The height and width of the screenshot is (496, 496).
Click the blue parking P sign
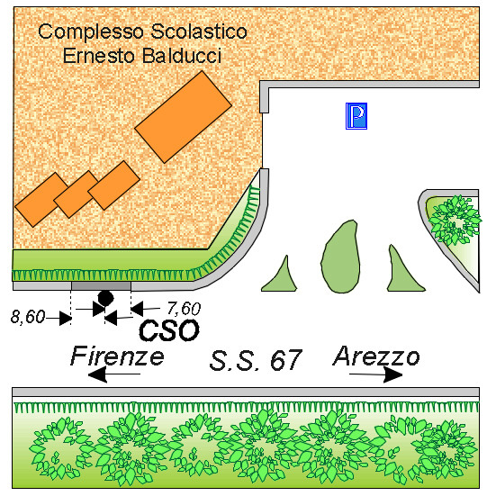356,116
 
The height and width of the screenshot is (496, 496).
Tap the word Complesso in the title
91,32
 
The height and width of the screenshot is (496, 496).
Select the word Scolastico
199,32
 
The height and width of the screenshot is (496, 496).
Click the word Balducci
181,56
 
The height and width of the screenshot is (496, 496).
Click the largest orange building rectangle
183,117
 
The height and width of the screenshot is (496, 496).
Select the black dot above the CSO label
105,298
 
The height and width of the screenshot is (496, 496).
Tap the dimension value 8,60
28,317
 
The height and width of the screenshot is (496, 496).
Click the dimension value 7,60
184,309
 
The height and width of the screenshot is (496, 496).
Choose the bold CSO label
169,330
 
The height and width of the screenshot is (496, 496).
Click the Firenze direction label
117,356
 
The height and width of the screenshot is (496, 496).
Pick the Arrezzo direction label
376,356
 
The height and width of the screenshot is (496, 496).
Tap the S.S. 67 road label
256,360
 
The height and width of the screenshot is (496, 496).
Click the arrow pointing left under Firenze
114,374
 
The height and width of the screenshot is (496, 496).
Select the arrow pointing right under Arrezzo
375,374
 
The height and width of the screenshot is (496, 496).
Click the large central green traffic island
340,257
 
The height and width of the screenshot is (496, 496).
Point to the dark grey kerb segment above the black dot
101,286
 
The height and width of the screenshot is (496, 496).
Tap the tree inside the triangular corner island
455,220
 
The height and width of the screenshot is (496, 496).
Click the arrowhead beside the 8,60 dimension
66,318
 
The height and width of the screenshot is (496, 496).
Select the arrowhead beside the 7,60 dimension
137,309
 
